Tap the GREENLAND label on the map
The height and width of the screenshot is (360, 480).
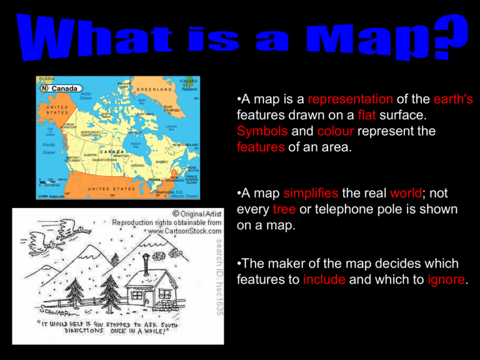pyautogui.click(x=154, y=89)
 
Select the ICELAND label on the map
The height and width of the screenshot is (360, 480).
pyautogui.click(x=188, y=81)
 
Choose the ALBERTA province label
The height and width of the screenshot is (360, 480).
pyautogui.click(x=90, y=154)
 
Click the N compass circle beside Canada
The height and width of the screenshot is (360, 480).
pyautogui.click(x=44, y=88)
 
